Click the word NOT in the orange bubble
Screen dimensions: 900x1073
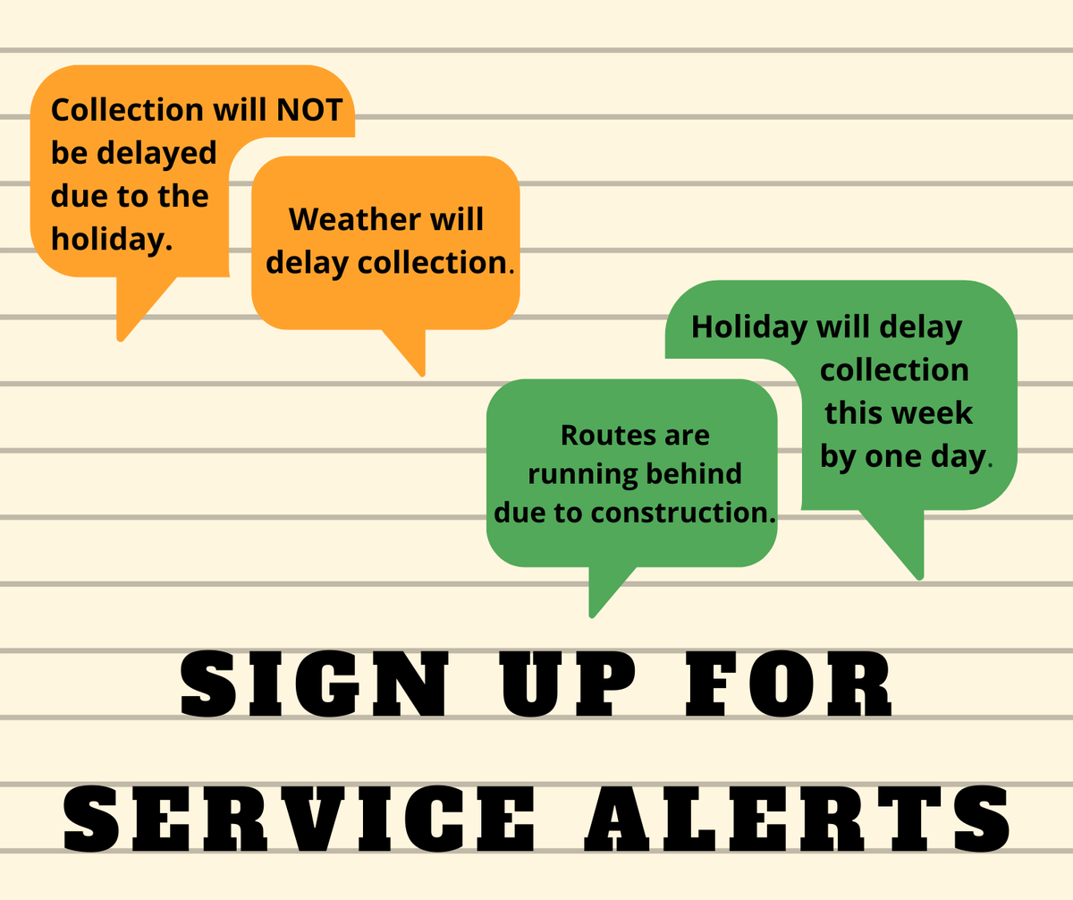pyautogui.click(x=310, y=109)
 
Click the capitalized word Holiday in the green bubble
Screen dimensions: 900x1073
pyautogui.click(x=748, y=327)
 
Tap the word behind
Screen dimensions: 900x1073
pyautogui.click(x=697, y=473)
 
